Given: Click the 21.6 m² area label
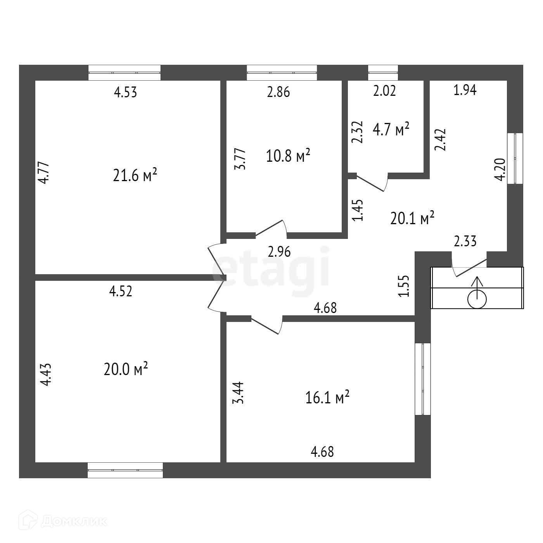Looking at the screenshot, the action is point(135,176).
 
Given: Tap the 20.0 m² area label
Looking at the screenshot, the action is point(126,369).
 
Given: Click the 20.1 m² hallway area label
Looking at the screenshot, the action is point(412,219).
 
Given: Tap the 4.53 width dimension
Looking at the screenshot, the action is point(125,93).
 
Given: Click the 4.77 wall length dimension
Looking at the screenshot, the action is point(45,173).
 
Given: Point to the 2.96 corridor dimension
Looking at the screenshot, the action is point(279,252).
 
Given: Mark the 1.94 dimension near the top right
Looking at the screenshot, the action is point(465,90).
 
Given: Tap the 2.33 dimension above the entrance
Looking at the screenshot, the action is point(465,242).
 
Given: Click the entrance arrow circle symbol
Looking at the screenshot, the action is point(477,299).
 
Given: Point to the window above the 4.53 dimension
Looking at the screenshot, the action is point(125,73).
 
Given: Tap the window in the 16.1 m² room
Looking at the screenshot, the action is point(423,379).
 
